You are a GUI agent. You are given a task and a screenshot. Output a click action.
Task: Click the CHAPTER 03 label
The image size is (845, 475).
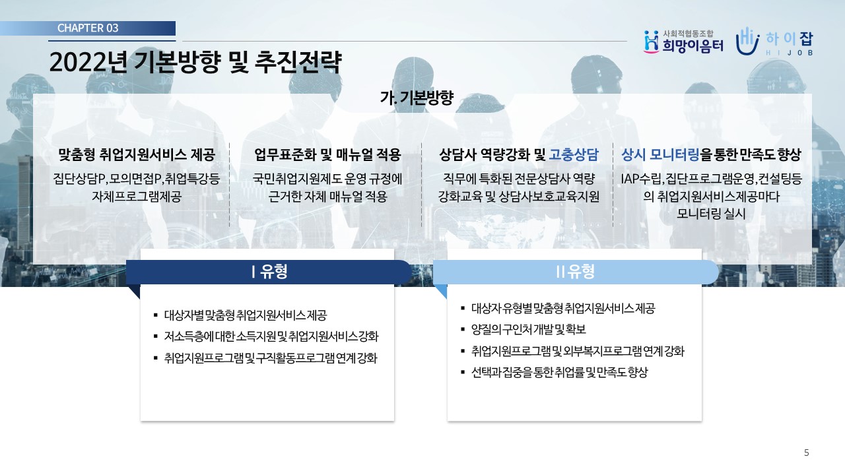click(x=88, y=28)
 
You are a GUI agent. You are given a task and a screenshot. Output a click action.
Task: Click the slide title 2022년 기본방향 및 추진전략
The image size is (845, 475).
click(x=195, y=62)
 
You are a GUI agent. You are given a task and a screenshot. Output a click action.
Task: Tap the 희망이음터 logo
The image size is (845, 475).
click(x=683, y=42)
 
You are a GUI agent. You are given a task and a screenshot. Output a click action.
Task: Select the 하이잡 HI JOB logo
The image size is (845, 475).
click(x=774, y=42)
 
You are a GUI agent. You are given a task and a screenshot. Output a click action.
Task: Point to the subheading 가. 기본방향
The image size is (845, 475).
click(x=417, y=98)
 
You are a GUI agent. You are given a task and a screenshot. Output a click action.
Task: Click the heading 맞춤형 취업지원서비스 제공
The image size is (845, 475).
click(x=137, y=154)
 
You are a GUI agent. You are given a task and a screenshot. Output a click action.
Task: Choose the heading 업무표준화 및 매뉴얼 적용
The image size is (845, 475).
click(x=327, y=154)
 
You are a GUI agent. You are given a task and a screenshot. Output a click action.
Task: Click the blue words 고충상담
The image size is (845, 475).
click(x=574, y=154)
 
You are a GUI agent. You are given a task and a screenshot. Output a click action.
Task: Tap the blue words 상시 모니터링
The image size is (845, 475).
click(x=660, y=154)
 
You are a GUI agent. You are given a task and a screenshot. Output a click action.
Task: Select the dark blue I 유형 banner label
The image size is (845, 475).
click(x=269, y=271)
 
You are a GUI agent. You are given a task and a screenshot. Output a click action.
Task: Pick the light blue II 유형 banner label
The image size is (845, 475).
click(x=576, y=271)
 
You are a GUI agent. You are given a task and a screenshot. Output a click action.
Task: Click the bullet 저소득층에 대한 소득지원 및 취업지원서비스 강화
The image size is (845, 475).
click(x=271, y=336)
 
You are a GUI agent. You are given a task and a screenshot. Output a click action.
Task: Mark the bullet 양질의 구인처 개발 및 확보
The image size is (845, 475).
click(x=529, y=329)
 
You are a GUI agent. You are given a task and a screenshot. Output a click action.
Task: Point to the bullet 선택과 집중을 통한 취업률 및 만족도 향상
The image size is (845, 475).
click(x=559, y=373)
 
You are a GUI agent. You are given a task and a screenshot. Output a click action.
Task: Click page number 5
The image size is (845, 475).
click(x=807, y=453)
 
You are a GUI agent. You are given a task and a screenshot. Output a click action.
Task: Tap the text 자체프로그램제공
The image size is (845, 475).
click(x=137, y=197)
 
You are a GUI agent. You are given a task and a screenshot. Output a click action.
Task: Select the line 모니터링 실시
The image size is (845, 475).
click(x=711, y=214)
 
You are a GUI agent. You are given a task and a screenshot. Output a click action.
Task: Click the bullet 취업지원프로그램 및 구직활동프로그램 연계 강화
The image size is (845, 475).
click(x=271, y=358)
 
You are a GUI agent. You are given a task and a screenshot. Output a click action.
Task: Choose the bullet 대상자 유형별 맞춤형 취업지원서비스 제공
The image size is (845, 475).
click(x=563, y=308)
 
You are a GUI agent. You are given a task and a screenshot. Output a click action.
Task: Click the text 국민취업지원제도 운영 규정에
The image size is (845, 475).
click(x=327, y=179)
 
